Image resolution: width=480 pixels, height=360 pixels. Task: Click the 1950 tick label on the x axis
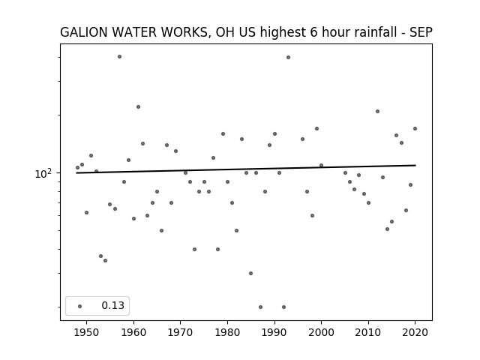click(x=87, y=332)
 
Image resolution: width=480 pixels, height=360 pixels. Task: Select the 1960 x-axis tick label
click(x=133, y=332)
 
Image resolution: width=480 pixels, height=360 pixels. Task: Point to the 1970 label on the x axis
click(x=180, y=332)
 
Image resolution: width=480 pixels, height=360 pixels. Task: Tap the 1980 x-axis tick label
click(x=227, y=332)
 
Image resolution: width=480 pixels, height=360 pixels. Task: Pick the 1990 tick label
click(x=274, y=332)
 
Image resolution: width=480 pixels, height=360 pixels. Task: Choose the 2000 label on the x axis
click(x=321, y=332)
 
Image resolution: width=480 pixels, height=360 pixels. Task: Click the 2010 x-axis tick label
click(x=368, y=332)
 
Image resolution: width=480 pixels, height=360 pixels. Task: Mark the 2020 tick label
click(x=415, y=332)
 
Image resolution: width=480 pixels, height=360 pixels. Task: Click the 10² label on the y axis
click(x=43, y=173)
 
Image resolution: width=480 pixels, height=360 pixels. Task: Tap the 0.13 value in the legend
click(x=113, y=305)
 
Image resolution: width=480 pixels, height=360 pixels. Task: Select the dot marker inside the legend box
click(x=80, y=306)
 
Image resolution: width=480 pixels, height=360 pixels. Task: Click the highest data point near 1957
click(x=119, y=57)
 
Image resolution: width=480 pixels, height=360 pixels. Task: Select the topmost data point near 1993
click(x=288, y=57)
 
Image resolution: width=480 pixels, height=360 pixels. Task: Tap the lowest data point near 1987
click(x=260, y=307)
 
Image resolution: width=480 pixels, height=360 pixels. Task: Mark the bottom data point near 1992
click(x=283, y=307)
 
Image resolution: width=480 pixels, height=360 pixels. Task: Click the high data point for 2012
click(x=377, y=112)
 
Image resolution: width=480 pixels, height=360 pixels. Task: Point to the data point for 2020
click(x=415, y=128)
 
